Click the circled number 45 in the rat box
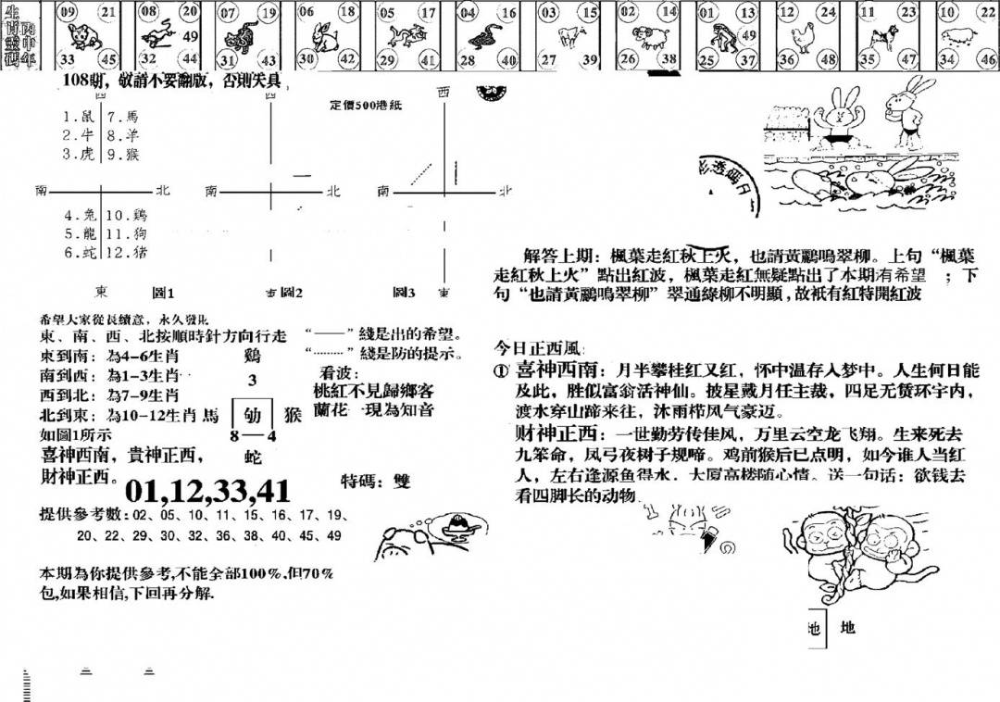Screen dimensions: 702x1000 (x=109, y=60)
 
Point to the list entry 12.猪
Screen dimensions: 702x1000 (x=125, y=252)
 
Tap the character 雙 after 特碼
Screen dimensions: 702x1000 (x=400, y=483)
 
